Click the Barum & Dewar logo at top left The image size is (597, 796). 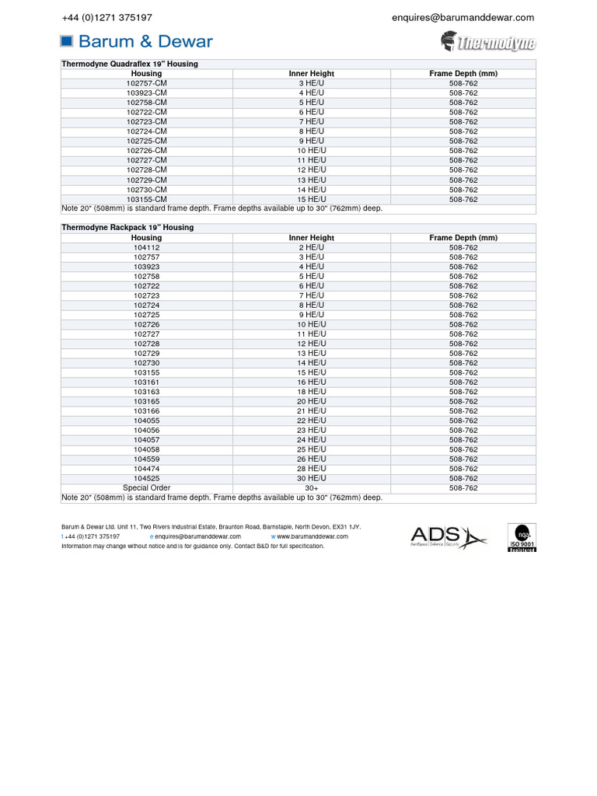tap(136, 41)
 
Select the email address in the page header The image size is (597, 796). tap(463, 17)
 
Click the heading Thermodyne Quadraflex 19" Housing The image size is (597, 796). tap(130, 64)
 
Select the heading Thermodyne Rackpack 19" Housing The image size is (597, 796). tap(127, 228)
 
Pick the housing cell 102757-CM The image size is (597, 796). tap(146, 83)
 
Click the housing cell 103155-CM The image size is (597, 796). tap(146, 199)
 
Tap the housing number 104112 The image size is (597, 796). tap(146, 247)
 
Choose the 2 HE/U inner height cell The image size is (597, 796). tap(311, 247)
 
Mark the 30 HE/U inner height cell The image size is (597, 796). tap(311, 479)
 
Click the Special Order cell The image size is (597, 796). tap(146, 488)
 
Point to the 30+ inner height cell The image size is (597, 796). tap(311, 488)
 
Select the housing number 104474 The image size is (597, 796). tap(146, 469)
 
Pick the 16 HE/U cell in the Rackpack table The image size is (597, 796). tap(311, 382)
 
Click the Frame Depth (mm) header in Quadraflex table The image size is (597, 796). tap(463, 74)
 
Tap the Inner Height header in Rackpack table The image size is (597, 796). tap(311, 238)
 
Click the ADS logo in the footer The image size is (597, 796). tap(448, 536)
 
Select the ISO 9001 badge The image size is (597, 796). tap(522, 537)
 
